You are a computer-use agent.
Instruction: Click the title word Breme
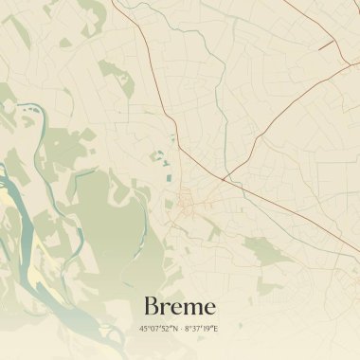180,306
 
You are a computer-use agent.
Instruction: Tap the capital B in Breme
152,306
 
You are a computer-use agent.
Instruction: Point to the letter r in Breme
167,308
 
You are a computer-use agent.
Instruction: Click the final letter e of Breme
209,308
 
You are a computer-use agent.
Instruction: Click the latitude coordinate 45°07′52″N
156,329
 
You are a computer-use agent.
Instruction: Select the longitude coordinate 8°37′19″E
201,329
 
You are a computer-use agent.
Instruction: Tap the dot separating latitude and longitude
180,329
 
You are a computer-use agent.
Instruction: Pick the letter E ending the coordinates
216,329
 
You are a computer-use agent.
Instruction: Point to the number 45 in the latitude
143,329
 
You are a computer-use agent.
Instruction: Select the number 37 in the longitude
195,329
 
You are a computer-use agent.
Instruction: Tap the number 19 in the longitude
207,329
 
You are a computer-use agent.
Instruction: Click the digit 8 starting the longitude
186,329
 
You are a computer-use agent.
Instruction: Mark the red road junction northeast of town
223,177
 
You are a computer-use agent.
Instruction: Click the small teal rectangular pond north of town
164,163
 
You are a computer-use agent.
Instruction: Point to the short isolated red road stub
326,44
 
